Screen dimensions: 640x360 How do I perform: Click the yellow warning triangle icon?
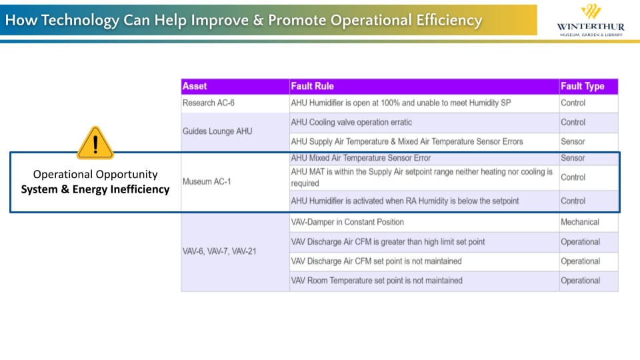(95, 143)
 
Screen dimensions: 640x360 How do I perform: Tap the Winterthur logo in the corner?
(591, 21)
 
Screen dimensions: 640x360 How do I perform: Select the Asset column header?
(195, 86)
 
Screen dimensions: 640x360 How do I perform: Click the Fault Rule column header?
(312, 86)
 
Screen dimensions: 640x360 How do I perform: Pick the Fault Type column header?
(583, 86)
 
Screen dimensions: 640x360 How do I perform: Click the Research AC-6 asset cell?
(209, 103)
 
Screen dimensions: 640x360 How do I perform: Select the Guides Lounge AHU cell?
(217, 131)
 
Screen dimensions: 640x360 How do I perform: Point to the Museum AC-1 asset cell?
(207, 181)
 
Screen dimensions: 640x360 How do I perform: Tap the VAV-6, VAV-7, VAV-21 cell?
(219, 251)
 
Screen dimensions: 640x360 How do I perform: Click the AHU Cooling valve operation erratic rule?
(351, 123)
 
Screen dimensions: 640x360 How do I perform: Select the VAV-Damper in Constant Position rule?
(347, 222)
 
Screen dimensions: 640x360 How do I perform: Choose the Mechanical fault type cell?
(580, 222)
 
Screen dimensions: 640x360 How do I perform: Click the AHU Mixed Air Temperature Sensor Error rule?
(361, 158)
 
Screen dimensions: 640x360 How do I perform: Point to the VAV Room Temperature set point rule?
(377, 281)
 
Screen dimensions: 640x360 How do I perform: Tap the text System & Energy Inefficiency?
(95, 189)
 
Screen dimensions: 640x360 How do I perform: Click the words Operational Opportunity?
(95, 174)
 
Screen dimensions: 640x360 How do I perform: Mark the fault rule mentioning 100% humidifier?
(401, 103)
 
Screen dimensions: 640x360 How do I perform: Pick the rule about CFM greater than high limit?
(388, 242)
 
